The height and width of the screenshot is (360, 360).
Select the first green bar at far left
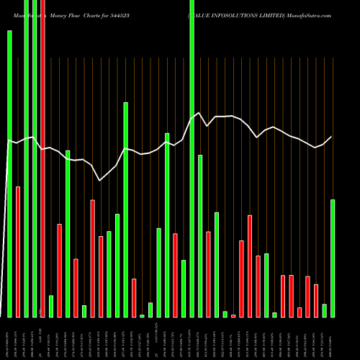9,174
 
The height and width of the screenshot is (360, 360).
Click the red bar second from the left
18,251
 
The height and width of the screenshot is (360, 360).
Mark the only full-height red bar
42,158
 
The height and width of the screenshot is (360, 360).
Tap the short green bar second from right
324,310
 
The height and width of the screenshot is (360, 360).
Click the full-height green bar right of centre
192,158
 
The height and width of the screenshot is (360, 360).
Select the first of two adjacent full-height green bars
26,158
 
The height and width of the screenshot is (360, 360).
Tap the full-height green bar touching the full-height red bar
35,158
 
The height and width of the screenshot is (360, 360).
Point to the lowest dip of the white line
100,181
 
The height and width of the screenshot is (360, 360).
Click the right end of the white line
332,137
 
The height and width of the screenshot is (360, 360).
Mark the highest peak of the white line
200,113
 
